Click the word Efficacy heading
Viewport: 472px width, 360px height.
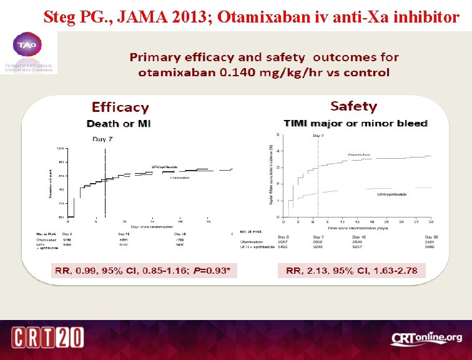120,107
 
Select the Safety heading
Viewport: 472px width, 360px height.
353,106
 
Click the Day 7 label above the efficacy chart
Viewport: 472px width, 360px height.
102,139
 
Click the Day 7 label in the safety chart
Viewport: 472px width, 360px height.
318,136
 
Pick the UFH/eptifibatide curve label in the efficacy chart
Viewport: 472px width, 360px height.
165,167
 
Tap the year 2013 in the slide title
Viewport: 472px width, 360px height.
174,17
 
